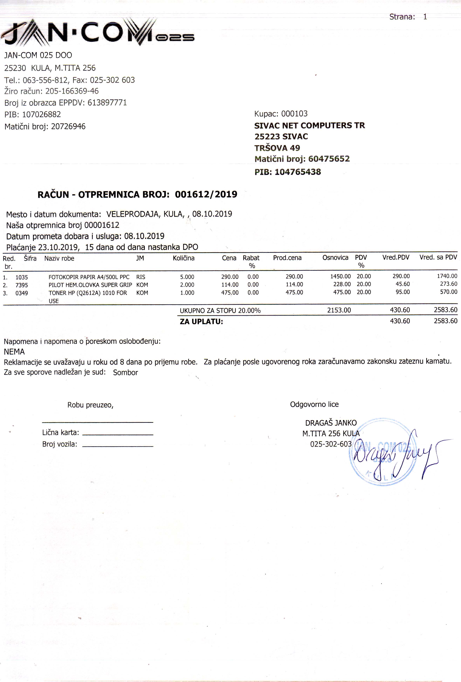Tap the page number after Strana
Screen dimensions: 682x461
425,17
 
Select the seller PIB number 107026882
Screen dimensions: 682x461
45,115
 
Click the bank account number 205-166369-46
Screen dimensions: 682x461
72,91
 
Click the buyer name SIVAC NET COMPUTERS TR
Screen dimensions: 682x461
309,126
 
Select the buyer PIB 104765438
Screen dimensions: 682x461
298,172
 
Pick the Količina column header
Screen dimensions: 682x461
184,258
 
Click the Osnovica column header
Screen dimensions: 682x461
335,258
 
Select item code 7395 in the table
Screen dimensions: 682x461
22,285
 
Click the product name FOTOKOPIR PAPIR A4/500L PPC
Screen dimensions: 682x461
89,277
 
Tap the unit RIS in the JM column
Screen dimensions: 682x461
141,277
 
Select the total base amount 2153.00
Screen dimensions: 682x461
339,310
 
